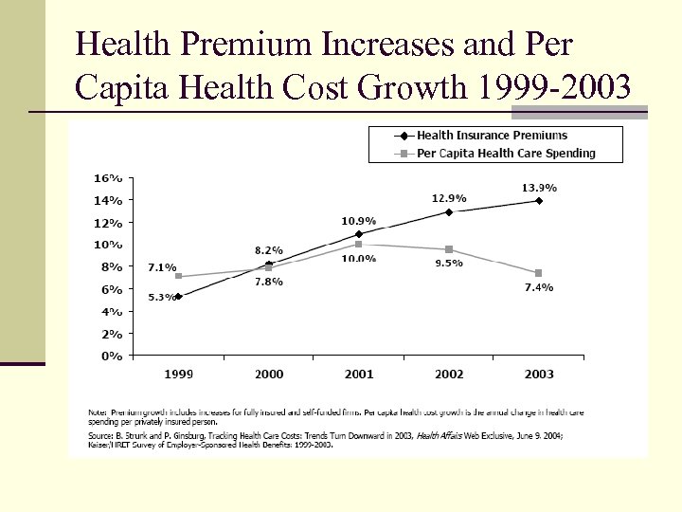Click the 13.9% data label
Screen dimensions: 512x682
pyautogui.click(x=539, y=189)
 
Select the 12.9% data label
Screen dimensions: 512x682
pyautogui.click(x=449, y=198)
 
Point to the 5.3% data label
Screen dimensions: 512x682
pyautogui.click(x=162, y=298)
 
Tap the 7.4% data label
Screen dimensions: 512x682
pyautogui.click(x=538, y=286)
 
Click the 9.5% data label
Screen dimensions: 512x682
pyautogui.click(x=449, y=264)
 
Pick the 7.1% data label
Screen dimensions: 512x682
pyautogui.click(x=162, y=267)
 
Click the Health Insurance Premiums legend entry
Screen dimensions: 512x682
pyautogui.click(x=493, y=136)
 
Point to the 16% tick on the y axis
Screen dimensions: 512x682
pyautogui.click(x=107, y=178)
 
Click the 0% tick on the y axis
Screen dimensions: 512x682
pyautogui.click(x=111, y=356)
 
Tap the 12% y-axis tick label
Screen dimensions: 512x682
pyautogui.click(x=107, y=223)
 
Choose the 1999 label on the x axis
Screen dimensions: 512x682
pyautogui.click(x=179, y=375)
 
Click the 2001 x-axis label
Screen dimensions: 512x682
pyautogui.click(x=359, y=375)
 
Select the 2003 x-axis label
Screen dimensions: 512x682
pyautogui.click(x=539, y=375)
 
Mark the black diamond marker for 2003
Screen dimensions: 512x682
pyautogui.click(x=539, y=201)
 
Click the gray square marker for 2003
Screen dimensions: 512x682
pyautogui.click(x=539, y=273)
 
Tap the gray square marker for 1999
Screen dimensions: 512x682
pyautogui.click(x=179, y=277)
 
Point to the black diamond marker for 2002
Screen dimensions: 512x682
pyautogui.click(x=449, y=212)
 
